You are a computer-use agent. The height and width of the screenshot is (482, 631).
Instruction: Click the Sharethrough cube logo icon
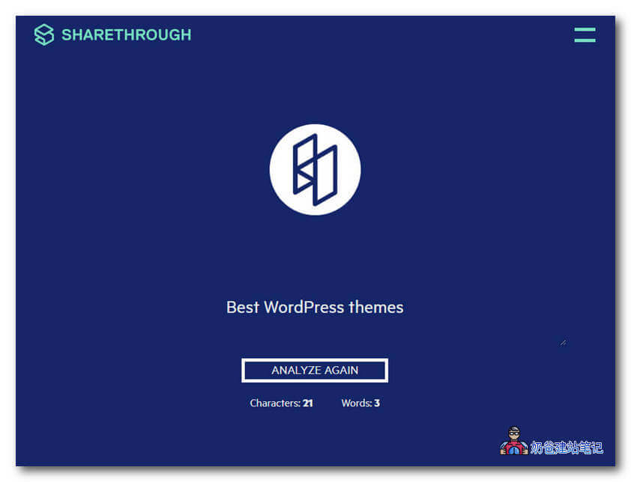[x=44, y=34]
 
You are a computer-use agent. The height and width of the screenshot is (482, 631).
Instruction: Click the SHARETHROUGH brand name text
[x=127, y=35]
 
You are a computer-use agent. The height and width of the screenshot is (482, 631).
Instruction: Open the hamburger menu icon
[x=585, y=35]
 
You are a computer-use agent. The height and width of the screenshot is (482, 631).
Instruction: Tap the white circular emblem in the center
[x=315, y=170]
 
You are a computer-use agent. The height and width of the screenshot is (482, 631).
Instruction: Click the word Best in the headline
[x=242, y=308]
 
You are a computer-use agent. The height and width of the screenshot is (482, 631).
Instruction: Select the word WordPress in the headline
[x=304, y=308]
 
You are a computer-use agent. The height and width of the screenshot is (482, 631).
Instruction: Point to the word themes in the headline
[x=376, y=308]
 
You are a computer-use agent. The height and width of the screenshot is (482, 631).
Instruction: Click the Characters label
[x=275, y=403]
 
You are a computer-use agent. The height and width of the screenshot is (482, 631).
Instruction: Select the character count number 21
[x=308, y=403]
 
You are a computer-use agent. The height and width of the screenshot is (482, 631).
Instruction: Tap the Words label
[x=357, y=403]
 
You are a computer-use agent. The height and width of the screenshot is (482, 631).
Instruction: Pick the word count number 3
[x=377, y=403]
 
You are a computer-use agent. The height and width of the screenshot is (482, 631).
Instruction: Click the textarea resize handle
[x=563, y=343]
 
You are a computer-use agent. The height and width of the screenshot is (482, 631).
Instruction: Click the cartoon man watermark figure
[x=514, y=441]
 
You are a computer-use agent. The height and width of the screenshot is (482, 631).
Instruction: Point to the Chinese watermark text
[x=567, y=448]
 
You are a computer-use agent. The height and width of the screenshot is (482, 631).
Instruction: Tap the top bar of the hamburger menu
[x=585, y=29]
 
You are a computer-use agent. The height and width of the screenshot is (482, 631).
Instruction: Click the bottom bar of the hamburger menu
[x=585, y=40]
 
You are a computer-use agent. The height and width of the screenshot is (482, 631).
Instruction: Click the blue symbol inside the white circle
[x=315, y=170]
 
